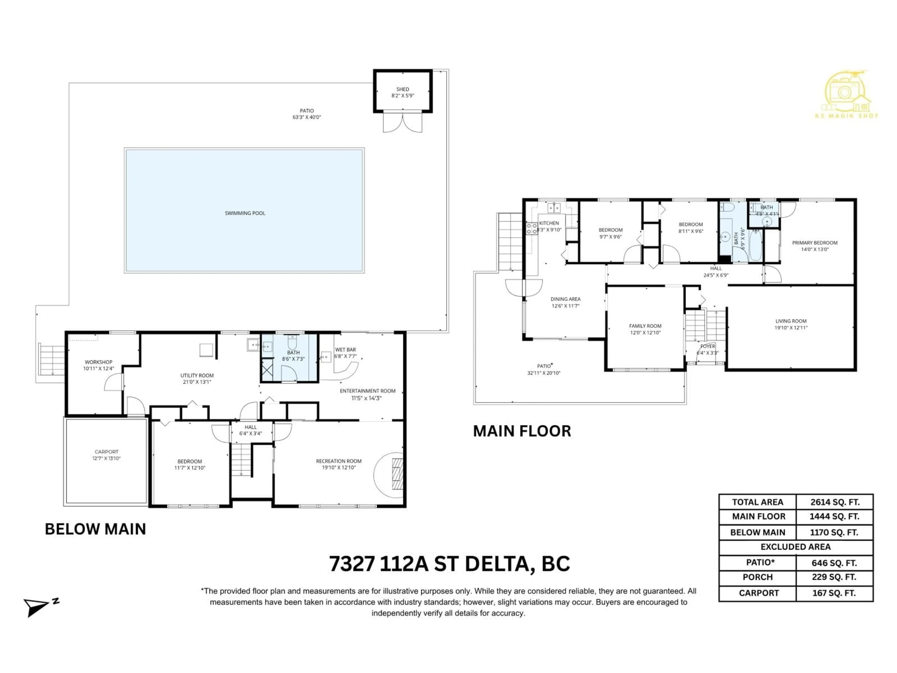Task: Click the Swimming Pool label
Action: click(x=245, y=213)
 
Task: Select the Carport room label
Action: click(x=106, y=451)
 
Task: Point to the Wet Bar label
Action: click(x=345, y=350)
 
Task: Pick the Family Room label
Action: click(x=645, y=326)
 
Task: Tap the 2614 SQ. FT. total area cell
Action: click(x=835, y=502)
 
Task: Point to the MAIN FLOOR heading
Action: click(x=522, y=431)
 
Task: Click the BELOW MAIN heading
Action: click(x=95, y=529)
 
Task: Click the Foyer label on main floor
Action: click(x=708, y=346)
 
